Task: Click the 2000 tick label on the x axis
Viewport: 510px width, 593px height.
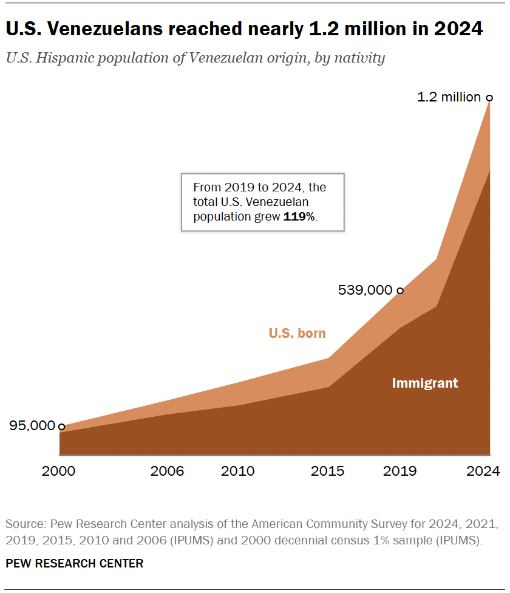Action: (x=59, y=471)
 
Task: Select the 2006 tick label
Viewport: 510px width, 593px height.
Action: (x=167, y=471)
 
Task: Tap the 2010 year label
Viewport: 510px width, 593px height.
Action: (x=239, y=471)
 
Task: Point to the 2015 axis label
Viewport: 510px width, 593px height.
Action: (x=328, y=471)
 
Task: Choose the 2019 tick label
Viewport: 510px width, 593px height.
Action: (x=399, y=471)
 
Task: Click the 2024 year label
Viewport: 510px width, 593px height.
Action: (x=483, y=471)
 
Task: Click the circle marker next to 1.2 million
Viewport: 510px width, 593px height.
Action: (x=489, y=97)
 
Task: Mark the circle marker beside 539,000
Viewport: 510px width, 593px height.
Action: (x=399, y=290)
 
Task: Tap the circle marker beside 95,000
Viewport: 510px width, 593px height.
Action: (x=61, y=427)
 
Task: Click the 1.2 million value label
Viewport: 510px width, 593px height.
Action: (x=449, y=97)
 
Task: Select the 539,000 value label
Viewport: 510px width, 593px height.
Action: (x=365, y=290)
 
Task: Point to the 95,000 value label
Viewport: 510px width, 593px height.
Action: (x=32, y=426)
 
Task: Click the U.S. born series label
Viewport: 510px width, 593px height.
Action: (x=297, y=333)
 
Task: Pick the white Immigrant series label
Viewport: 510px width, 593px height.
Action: (x=425, y=383)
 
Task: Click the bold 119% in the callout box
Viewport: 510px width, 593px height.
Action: (x=299, y=216)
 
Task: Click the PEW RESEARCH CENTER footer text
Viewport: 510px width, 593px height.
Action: (x=75, y=563)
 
